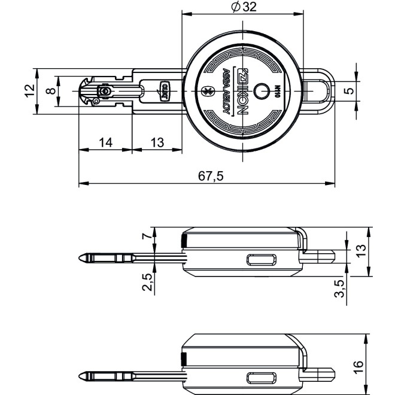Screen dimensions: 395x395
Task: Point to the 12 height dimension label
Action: click(29, 91)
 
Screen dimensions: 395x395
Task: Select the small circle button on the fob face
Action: click(261, 92)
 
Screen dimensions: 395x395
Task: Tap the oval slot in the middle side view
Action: click(262, 259)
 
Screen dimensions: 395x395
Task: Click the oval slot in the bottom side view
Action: click(262, 378)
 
